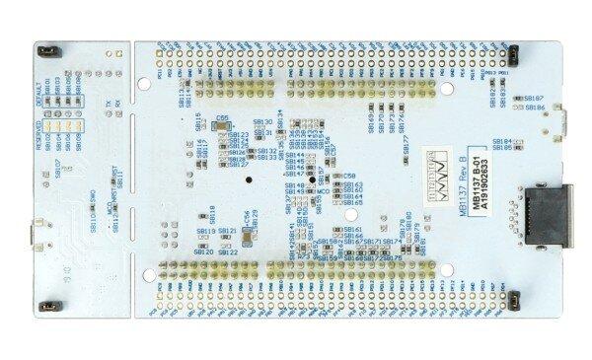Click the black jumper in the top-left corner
point(46,50)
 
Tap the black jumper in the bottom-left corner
point(46,308)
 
